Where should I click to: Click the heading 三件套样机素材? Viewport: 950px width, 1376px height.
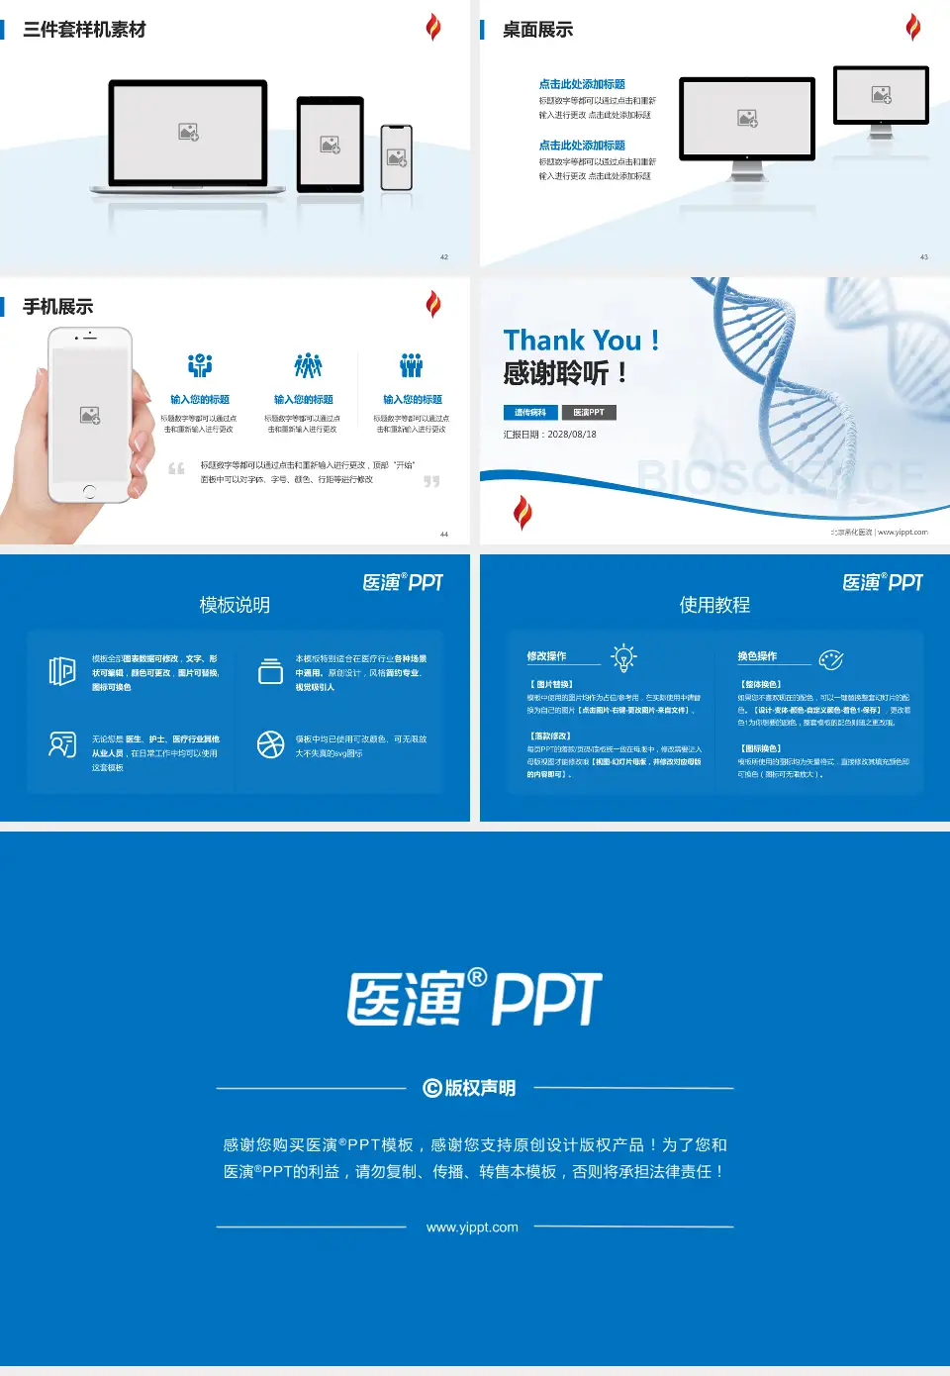pyautogui.click(x=84, y=30)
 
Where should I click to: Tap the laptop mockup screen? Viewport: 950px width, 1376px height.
pyautogui.click(x=188, y=132)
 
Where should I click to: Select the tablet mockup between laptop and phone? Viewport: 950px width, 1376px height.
pyautogui.click(x=331, y=145)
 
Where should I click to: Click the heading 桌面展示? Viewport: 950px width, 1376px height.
pyautogui.click(x=537, y=30)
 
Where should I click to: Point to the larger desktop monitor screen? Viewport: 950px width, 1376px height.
pyautogui.click(x=747, y=118)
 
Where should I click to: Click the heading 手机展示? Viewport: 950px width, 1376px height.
pyautogui.click(x=57, y=307)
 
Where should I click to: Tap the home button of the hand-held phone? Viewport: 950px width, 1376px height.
pyautogui.click(x=89, y=490)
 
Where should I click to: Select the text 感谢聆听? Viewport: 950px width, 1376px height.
pyautogui.click(x=556, y=373)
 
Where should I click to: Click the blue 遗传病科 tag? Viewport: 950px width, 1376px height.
pyautogui.click(x=530, y=413)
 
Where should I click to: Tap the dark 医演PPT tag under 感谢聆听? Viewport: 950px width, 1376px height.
pyautogui.click(x=589, y=413)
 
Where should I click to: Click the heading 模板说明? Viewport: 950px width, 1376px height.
pyautogui.click(x=235, y=605)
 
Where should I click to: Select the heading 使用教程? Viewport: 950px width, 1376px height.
pyautogui.click(x=714, y=605)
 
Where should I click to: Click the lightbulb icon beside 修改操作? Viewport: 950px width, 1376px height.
pyautogui.click(x=623, y=657)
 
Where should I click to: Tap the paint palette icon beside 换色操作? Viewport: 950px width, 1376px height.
pyautogui.click(x=831, y=659)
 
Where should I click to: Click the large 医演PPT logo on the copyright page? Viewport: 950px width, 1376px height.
pyautogui.click(x=474, y=998)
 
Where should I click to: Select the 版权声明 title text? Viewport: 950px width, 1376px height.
pyautogui.click(x=471, y=1088)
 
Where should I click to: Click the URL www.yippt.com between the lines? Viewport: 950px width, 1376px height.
pyautogui.click(x=472, y=1228)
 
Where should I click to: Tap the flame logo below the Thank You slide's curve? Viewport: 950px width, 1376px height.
pyautogui.click(x=522, y=512)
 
